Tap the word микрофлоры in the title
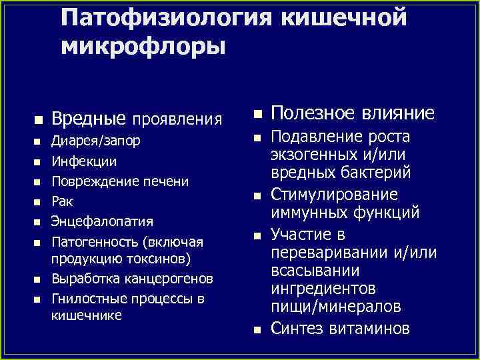pos(143,47)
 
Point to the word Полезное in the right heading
pos(311,113)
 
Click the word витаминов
pos(371,328)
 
